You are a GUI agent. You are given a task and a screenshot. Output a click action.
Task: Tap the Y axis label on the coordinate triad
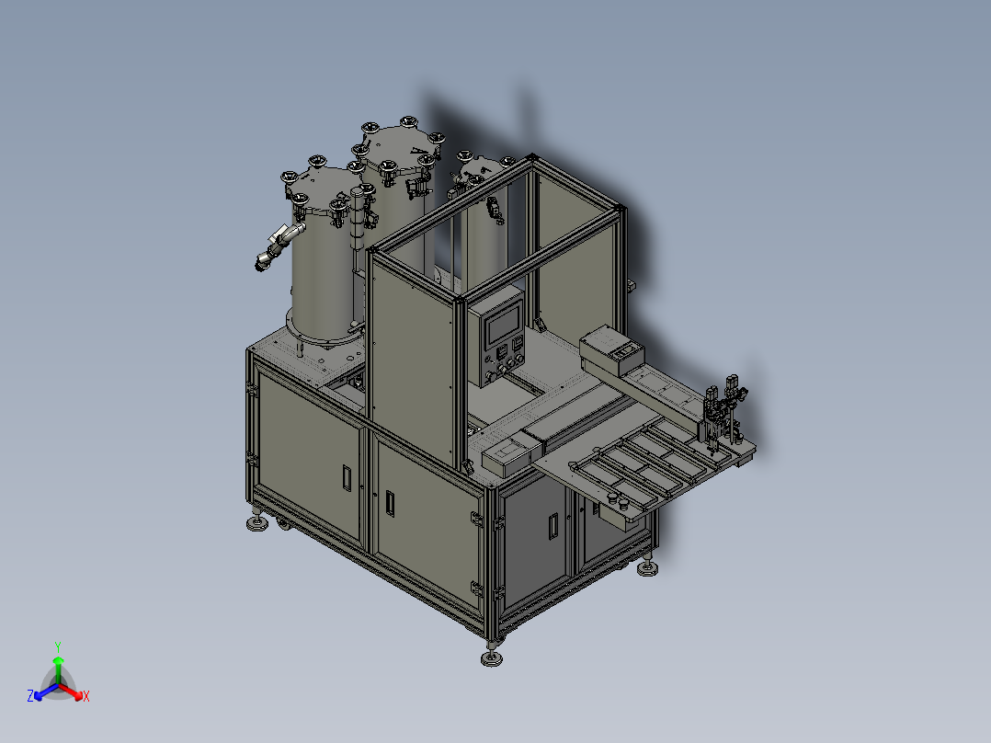click(58, 646)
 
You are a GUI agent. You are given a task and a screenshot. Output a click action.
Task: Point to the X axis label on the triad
click(86, 697)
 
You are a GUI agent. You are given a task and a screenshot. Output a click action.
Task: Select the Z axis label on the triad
click(30, 696)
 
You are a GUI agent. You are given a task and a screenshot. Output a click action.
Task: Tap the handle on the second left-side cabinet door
click(391, 502)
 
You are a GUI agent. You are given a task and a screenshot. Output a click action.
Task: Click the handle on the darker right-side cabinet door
click(552, 525)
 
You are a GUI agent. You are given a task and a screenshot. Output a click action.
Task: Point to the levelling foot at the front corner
click(492, 657)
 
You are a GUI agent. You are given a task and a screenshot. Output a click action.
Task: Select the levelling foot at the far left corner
click(255, 524)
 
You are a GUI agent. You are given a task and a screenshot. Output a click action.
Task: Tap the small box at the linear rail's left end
click(504, 456)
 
